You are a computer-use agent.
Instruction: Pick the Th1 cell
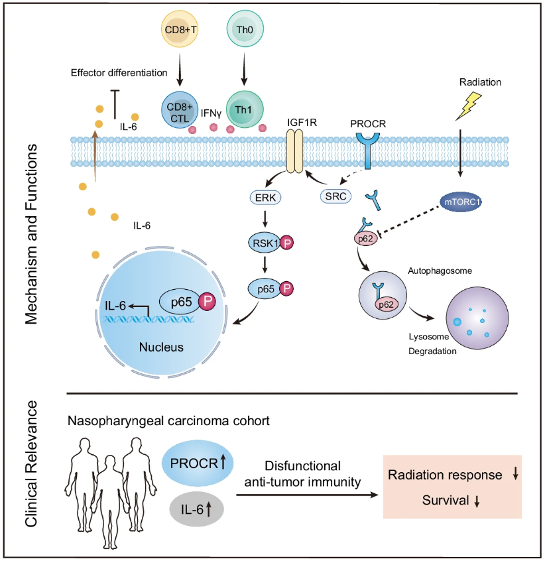click(x=245, y=108)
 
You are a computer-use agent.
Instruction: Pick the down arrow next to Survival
click(x=477, y=503)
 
